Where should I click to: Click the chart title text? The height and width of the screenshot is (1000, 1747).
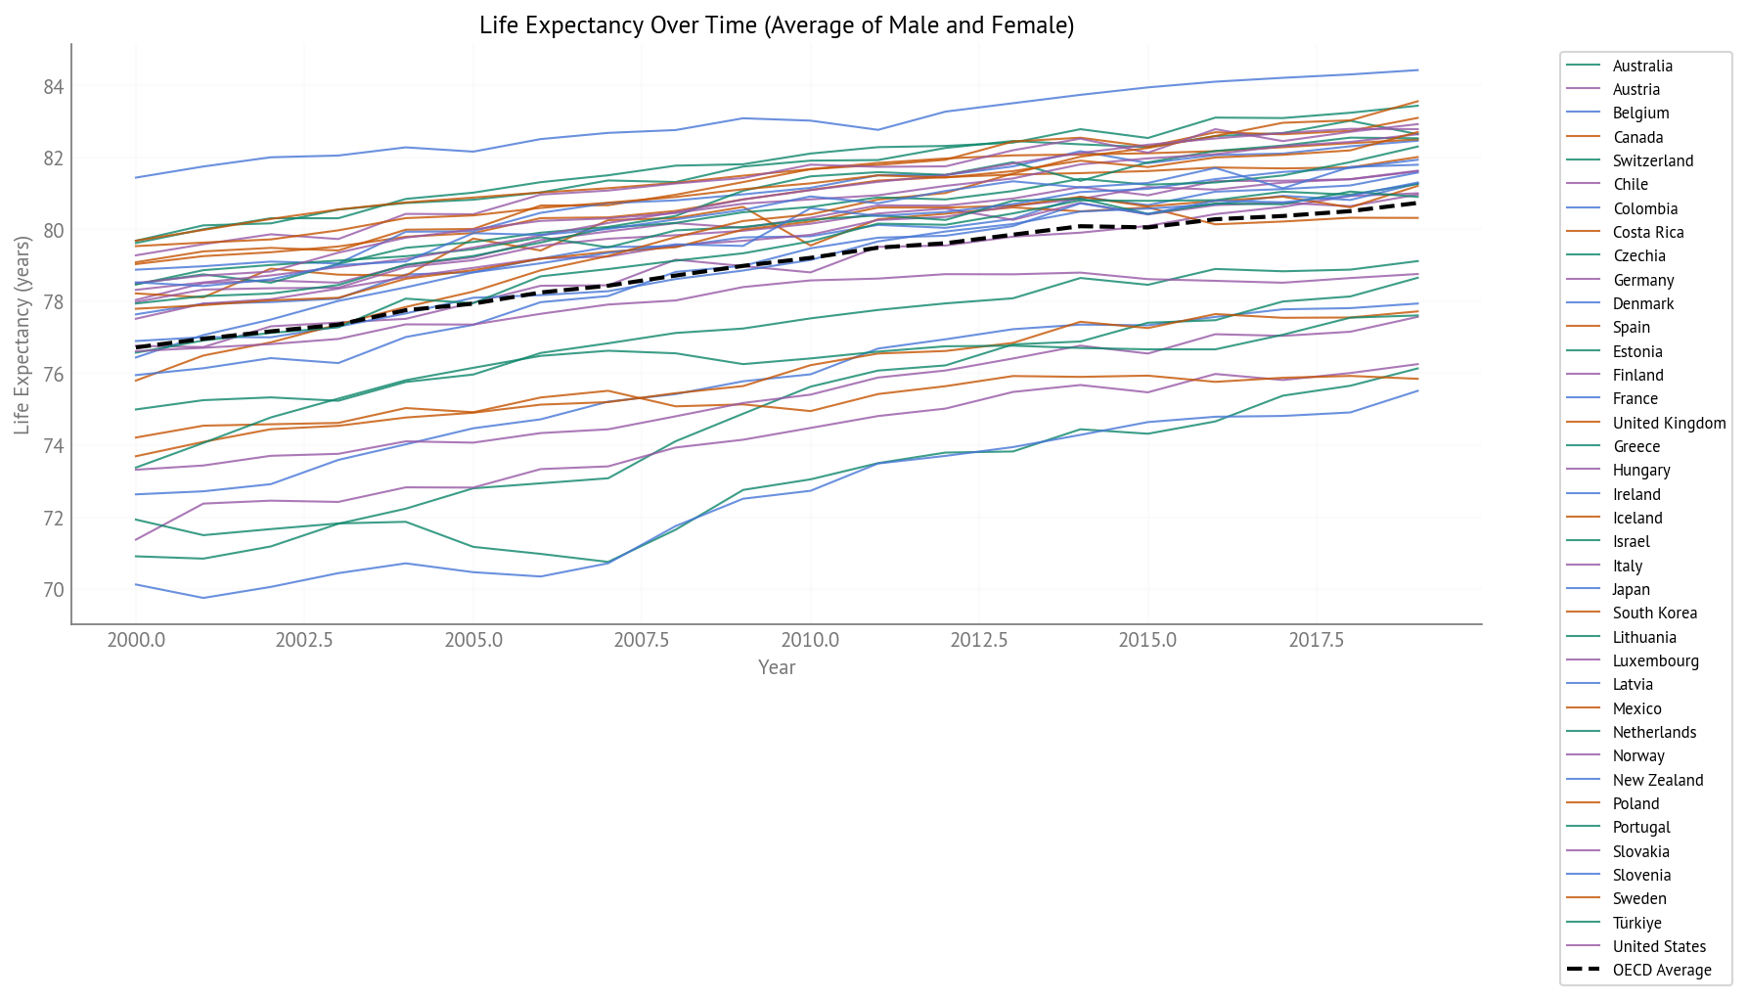coord(777,25)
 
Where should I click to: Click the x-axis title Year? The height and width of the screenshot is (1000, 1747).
coord(777,667)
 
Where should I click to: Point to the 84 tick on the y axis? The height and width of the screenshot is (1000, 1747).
coord(53,87)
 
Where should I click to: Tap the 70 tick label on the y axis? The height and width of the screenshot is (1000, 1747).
coord(53,590)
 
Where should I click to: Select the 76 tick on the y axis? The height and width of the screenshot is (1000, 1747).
coord(53,375)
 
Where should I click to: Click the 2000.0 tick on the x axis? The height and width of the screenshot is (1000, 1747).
coord(136,640)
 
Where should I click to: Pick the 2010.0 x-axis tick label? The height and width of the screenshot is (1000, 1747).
coord(810,640)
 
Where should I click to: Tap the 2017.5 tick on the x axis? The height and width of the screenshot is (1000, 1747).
coord(1316,640)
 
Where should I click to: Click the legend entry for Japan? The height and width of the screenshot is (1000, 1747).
coord(1631,589)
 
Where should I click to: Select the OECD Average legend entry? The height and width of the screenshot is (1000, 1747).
coord(1661,970)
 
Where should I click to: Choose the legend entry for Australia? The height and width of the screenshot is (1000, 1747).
coord(1642,66)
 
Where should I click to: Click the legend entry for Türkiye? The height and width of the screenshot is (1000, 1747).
coord(1636,923)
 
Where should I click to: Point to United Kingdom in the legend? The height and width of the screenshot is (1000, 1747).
coord(1669,423)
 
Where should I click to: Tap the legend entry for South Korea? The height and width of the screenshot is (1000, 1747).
coord(1654,613)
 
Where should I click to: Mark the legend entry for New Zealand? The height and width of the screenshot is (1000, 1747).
coord(1657,780)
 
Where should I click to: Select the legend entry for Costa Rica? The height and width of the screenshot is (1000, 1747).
coord(1648,232)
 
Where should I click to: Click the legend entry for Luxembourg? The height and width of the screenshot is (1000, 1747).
coord(1655,660)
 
